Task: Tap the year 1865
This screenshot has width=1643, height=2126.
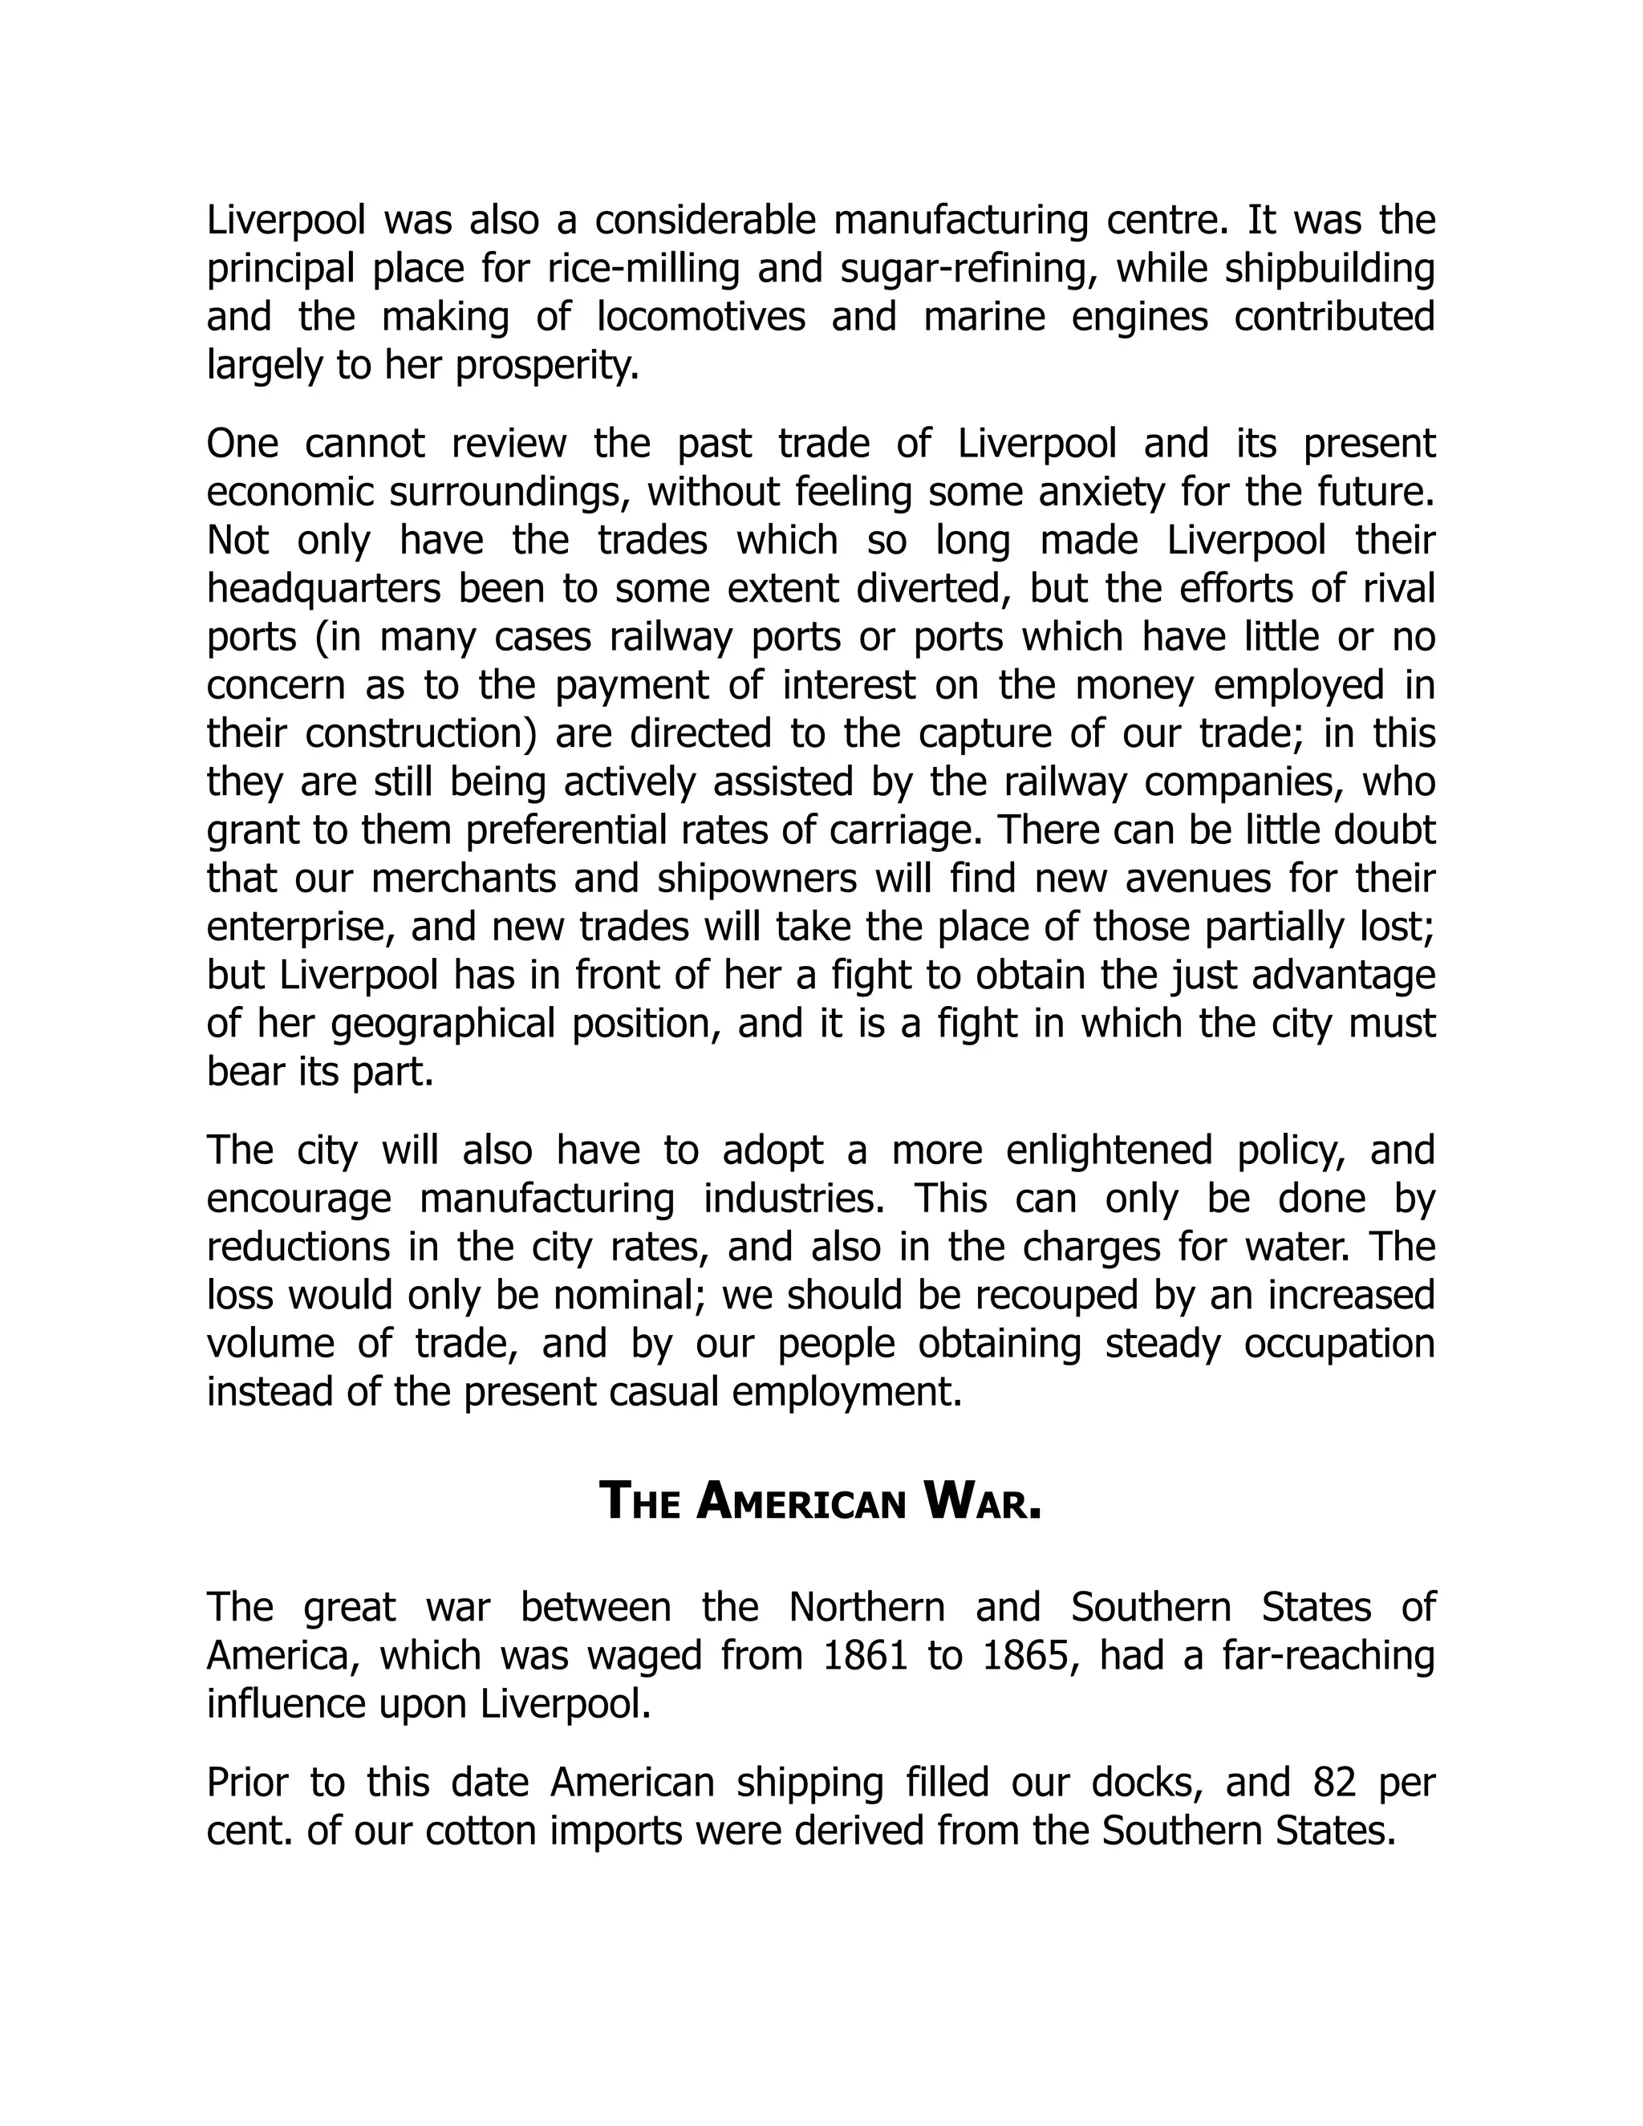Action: [1028, 1656]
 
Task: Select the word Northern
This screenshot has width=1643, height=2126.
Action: [866, 1608]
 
